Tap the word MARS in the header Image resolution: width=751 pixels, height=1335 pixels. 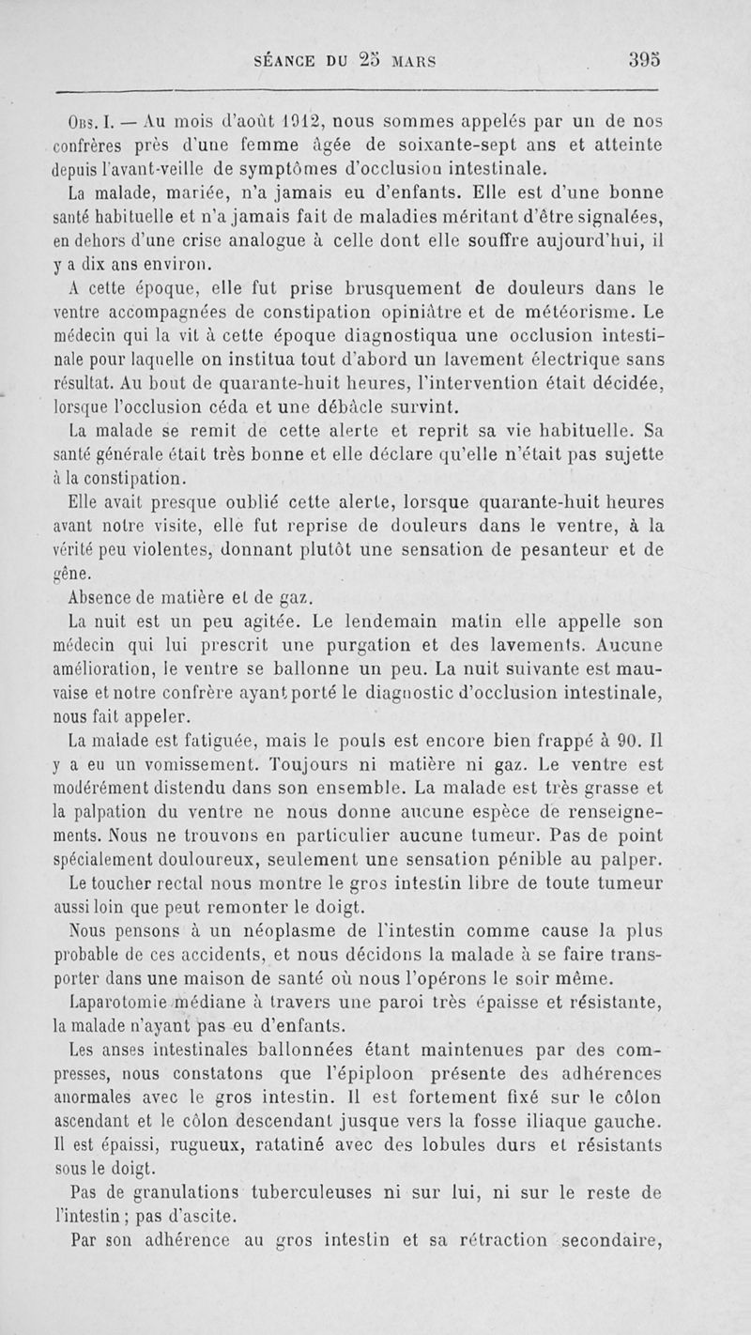[414, 62]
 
